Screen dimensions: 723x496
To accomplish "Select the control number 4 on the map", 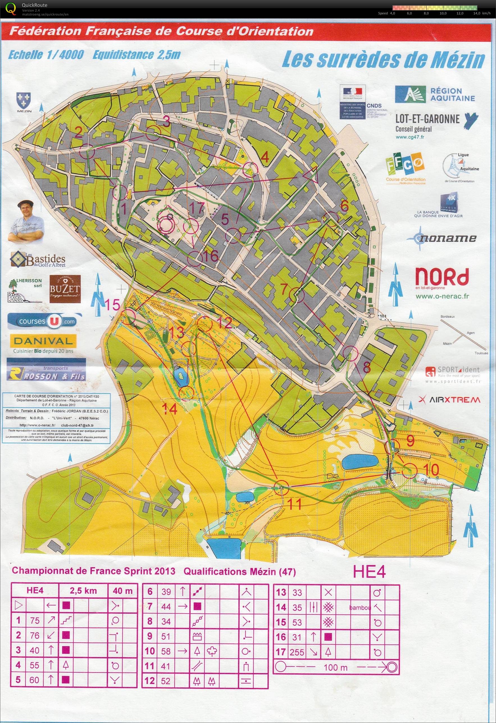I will point(265,158).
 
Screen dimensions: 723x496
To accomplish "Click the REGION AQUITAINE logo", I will point(435,94).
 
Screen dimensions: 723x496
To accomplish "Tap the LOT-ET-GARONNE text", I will point(427,119).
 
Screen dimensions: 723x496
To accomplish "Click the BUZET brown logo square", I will point(65,289).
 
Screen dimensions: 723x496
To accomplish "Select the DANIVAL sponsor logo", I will point(43,341).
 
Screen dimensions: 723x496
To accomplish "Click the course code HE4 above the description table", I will point(369,572).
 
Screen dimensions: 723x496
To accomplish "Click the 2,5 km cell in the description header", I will point(83,591).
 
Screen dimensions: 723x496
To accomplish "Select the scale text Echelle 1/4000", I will point(46,55).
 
